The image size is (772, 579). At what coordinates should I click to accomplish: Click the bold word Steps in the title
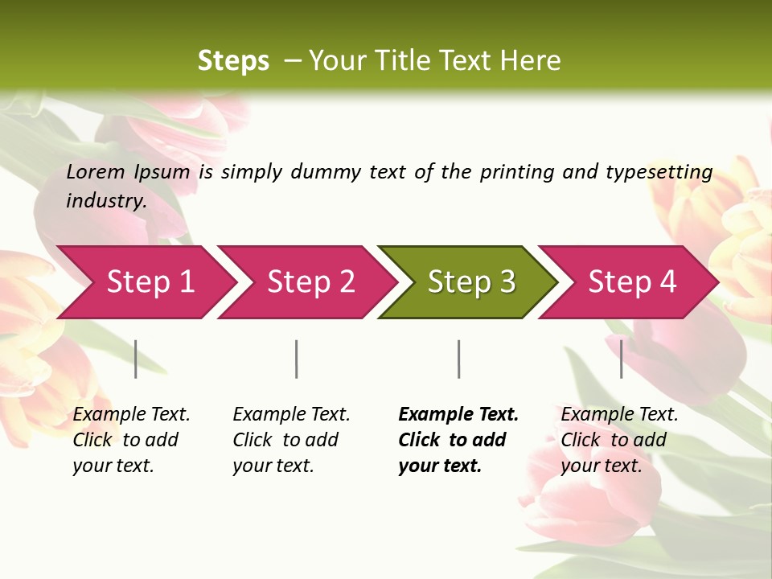233,61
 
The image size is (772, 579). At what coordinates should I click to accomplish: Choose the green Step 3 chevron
471,282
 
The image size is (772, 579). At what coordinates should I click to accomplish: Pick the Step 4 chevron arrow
632,282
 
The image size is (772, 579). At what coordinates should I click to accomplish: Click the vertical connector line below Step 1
136,359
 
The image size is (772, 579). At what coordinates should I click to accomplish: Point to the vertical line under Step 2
297,359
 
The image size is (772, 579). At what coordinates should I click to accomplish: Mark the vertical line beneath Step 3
459,359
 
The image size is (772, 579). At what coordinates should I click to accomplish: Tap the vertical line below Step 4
621,359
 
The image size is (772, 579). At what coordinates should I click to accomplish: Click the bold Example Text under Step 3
458,415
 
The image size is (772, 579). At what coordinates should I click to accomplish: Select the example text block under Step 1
131,440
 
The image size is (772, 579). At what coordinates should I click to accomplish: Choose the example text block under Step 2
291,440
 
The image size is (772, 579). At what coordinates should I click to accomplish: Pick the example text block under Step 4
619,440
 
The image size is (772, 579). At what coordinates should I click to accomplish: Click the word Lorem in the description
95,172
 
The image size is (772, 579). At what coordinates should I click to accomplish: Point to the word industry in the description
106,200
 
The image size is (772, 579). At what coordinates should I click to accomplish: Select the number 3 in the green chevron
507,282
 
